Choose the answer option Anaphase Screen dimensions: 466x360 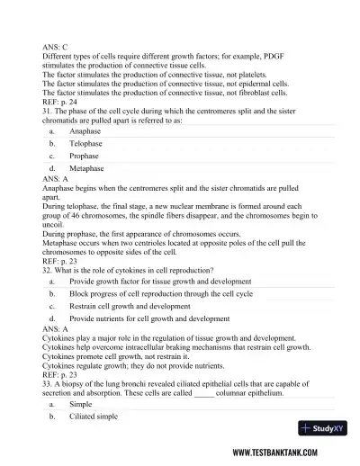click(85, 130)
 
